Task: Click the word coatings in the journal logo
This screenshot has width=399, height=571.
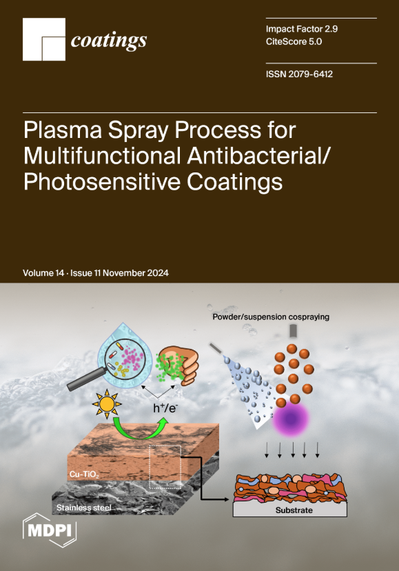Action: coord(109,41)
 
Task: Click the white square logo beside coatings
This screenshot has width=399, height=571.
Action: coord(44,39)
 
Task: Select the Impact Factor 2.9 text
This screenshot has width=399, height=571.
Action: coord(301,29)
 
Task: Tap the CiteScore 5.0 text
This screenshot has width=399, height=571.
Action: coord(294,41)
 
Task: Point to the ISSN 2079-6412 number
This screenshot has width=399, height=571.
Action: coord(299,74)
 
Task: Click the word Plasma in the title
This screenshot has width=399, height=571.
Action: coord(63,130)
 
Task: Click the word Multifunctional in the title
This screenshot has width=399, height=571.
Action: coord(102,155)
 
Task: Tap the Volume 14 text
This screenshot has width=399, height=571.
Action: coord(43,273)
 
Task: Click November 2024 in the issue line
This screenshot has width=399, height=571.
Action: coord(136,273)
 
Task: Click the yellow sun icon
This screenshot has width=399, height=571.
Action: coord(107,404)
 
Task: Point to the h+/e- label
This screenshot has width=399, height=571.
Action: coord(165,408)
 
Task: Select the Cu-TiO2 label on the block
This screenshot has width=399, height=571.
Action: coord(84,474)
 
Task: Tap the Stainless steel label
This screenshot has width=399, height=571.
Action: coord(84,508)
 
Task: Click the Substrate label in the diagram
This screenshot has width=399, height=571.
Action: coord(294,510)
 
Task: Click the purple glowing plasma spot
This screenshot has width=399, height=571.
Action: coord(291,419)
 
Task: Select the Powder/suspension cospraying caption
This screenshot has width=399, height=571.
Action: coord(271,317)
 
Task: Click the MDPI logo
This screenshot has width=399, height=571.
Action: coord(50,530)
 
